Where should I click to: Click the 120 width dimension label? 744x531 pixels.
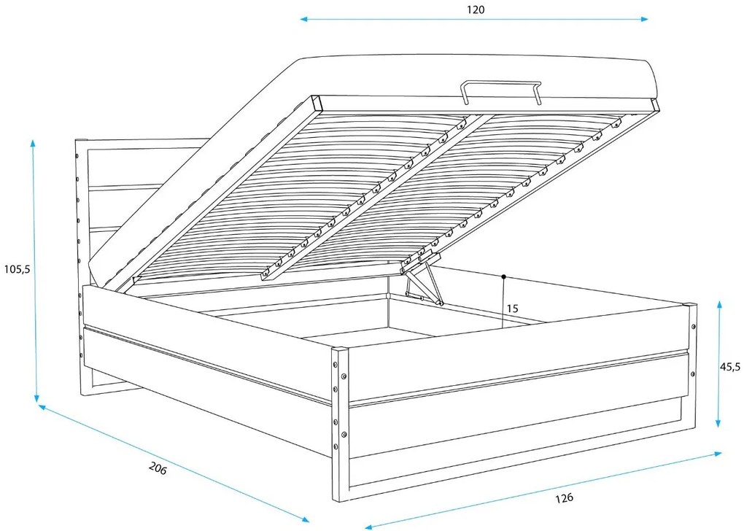pyautogui.click(x=476, y=9)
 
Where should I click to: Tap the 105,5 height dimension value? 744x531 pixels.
pyautogui.click(x=17, y=269)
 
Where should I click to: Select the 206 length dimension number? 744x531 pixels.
pyautogui.click(x=158, y=468)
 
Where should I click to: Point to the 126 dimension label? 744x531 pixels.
pyautogui.click(x=564, y=497)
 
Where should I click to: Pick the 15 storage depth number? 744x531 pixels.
pyautogui.click(x=513, y=309)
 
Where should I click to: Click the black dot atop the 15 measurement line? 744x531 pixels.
pyautogui.click(x=503, y=276)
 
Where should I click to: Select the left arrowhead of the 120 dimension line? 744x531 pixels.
pyautogui.click(x=304, y=20)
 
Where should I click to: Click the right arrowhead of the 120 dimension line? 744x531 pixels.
pyautogui.click(x=644, y=20)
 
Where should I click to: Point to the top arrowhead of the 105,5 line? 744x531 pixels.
pyautogui.click(x=33, y=143)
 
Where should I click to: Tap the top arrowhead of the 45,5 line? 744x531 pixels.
pyautogui.click(x=720, y=305)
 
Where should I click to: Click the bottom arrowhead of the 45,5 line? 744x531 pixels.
pyautogui.click(x=719, y=423)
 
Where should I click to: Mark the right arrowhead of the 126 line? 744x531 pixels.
pyautogui.click(x=718, y=454)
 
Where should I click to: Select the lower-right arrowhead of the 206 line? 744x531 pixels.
pyautogui.click(x=305, y=519)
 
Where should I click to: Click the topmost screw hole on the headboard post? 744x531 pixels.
pyautogui.click(x=77, y=155)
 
